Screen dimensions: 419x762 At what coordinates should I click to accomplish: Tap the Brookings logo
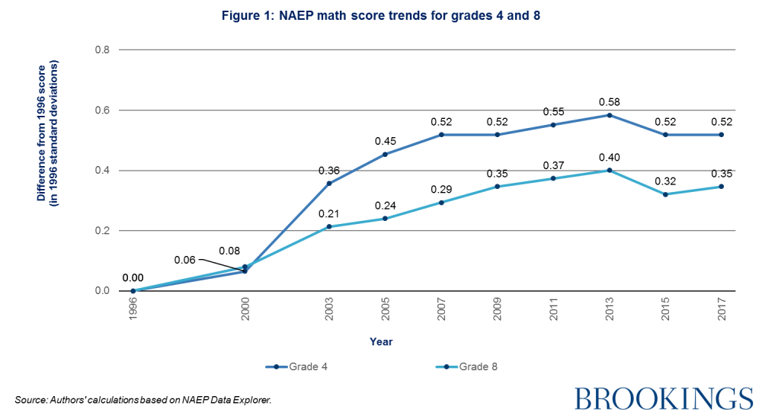pyautogui.click(x=663, y=398)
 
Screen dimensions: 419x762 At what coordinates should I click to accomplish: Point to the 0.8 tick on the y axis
pyautogui.click(x=101, y=50)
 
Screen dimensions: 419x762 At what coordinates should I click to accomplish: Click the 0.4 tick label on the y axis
pyautogui.click(x=101, y=171)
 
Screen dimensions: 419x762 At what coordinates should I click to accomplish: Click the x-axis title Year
pyautogui.click(x=382, y=342)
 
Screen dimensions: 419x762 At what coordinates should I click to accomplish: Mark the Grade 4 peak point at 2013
pyautogui.click(x=609, y=115)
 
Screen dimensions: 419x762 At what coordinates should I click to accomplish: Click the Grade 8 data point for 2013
pyautogui.click(x=609, y=170)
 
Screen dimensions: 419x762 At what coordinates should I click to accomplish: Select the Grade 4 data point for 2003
pyautogui.click(x=329, y=183)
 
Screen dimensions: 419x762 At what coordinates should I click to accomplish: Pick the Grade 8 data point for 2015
pyautogui.click(x=665, y=194)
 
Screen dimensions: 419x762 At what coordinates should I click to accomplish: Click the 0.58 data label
pyautogui.click(x=609, y=101)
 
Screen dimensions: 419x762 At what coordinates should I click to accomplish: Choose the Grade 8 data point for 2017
pyautogui.click(x=721, y=187)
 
